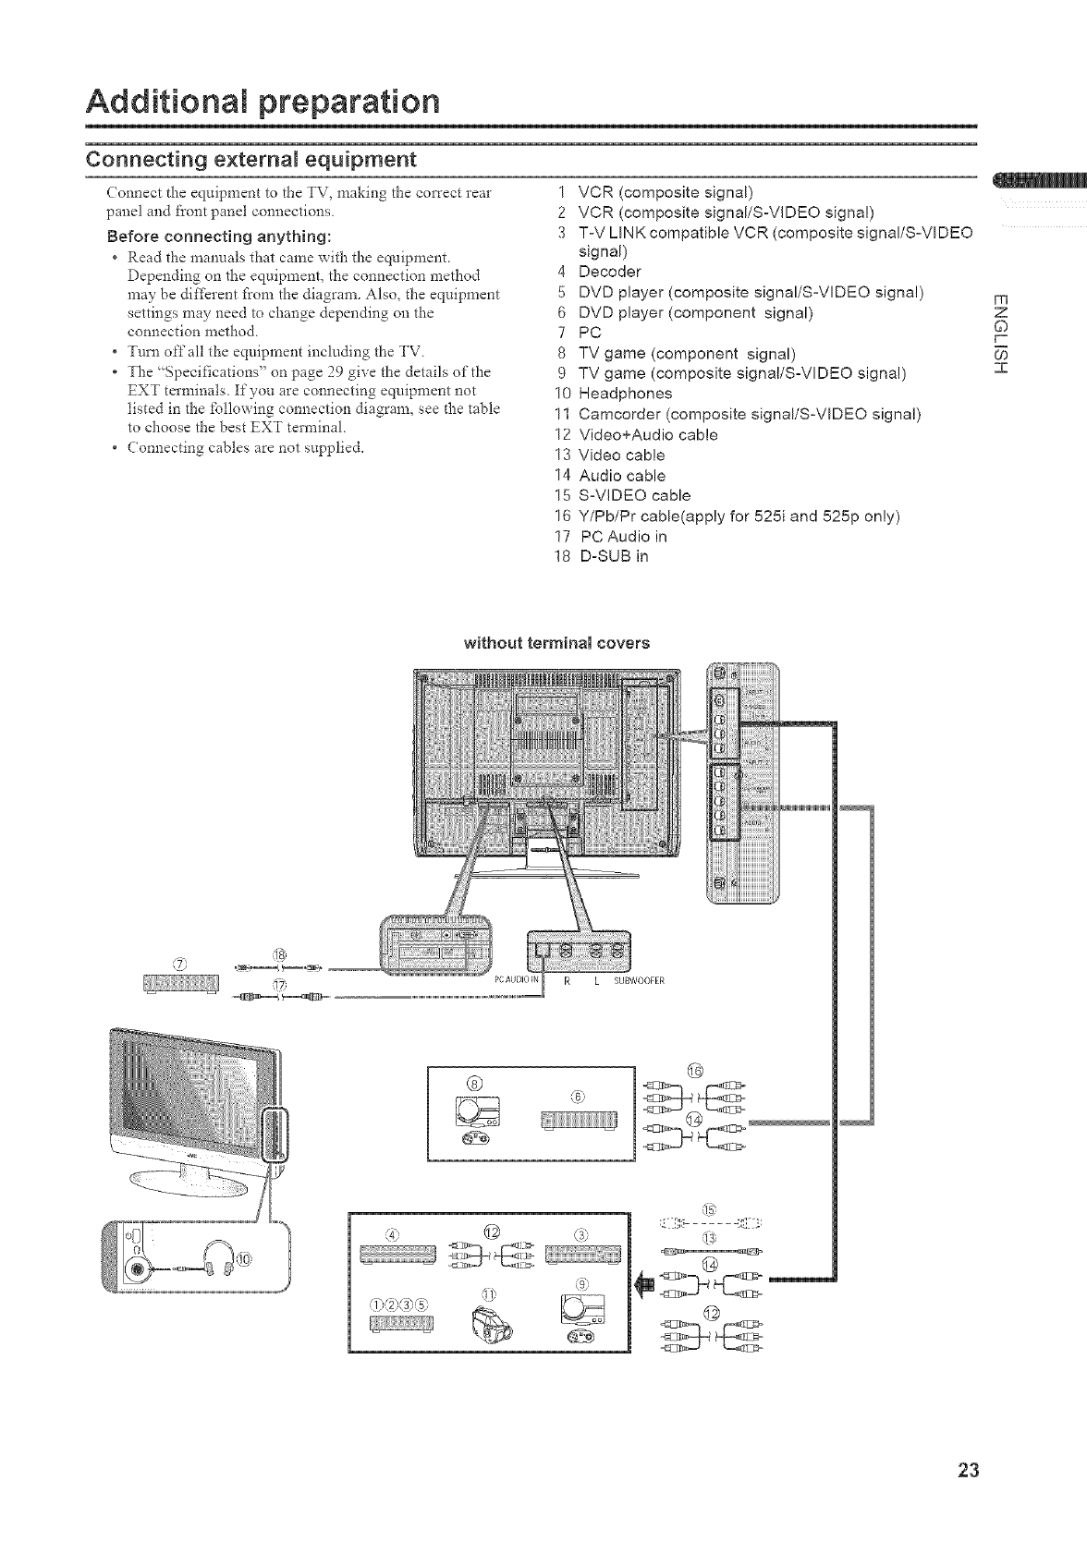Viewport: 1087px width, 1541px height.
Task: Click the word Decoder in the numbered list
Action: pos(609,272)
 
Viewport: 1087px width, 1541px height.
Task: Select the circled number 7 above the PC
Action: pos(180,966)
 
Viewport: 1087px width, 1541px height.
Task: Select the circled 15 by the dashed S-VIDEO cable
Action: pos(709,1209)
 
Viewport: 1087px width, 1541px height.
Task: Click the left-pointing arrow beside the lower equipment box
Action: pos(645,1283)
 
